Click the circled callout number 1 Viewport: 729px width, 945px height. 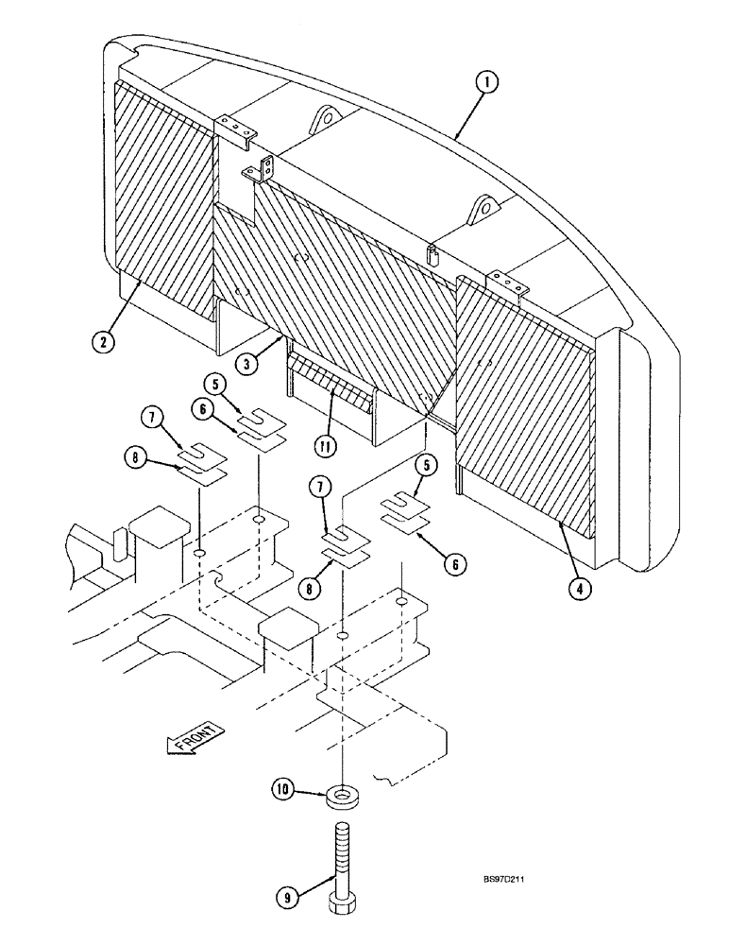point(486,84)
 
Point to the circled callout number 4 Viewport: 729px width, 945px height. point(583,588)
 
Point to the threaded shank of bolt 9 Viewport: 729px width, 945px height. point(341,860)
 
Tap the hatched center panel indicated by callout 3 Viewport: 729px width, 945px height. point(340,274)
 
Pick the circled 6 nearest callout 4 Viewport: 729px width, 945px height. point(456,564)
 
